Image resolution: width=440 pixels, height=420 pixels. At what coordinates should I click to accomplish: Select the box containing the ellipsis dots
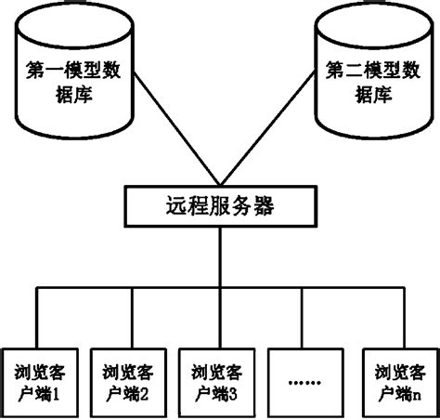pyautogui.click(x=305, y=380)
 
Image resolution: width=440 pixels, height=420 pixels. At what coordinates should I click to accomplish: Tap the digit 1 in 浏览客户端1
pyautogui.click(x=58, y=392)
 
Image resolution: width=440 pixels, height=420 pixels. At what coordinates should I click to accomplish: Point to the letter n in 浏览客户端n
pyautogui.click(x=415, y=392)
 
